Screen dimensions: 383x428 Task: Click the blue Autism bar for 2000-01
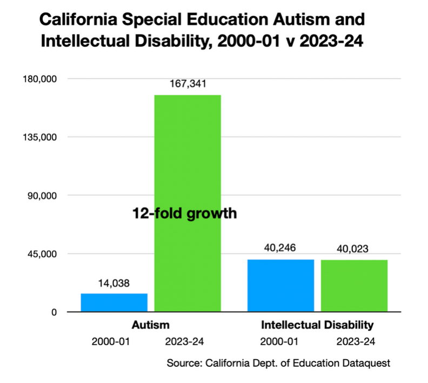click(x=114, y=303)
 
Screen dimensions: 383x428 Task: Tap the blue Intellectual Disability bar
click(x=280, y=285)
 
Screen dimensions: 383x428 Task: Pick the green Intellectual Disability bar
click(x=354, y=285)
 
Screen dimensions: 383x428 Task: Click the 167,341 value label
click(x=188, y=84)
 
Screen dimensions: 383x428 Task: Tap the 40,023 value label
click(x=354, y=249)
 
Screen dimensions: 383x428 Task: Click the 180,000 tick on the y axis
click(x=39, y=79)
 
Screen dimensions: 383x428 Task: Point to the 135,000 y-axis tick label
click(x=39, y=138)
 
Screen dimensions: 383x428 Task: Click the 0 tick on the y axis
click(x=54, y=312)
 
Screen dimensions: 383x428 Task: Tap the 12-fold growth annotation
click(x=185, y=214)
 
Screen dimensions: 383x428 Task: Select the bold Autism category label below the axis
click(x=151, y=325)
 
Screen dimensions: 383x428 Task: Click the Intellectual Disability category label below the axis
click(x=317, y=325)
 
